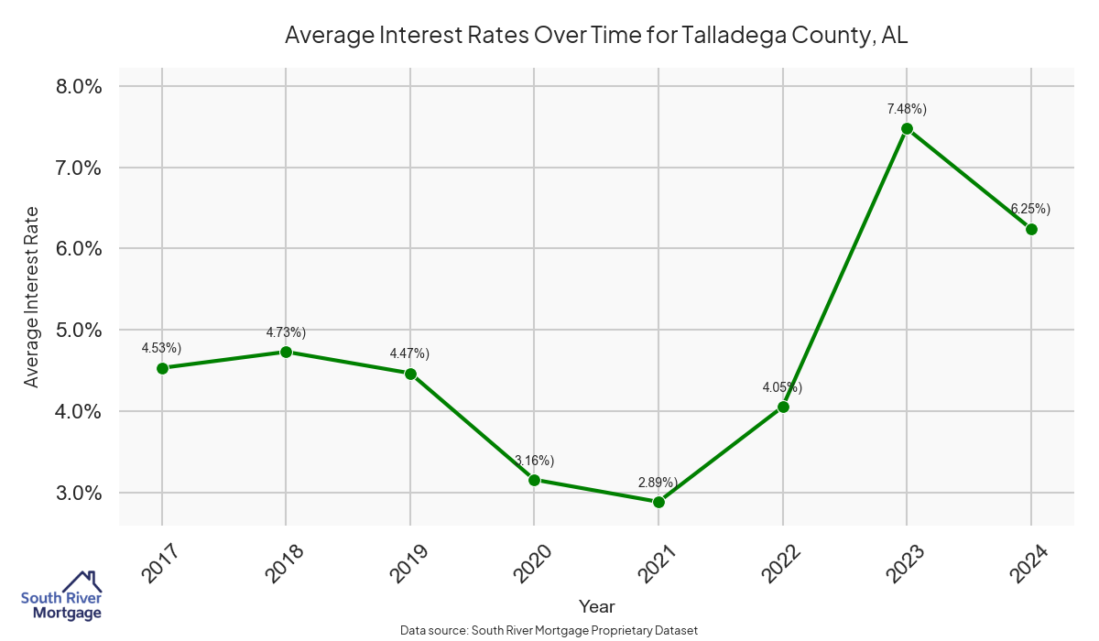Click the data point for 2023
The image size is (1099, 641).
point(907,128)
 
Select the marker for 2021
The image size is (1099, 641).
point(658,502)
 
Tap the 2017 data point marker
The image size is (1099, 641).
point(162,368)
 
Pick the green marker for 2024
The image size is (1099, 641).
point(1031,229)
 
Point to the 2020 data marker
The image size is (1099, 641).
point(534,480)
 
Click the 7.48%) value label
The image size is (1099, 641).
point(907,109)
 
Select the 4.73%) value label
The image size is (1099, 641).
point(286,331)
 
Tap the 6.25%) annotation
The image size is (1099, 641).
point(1030,209)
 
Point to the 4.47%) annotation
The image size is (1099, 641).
point(409,353)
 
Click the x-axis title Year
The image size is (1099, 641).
point(596,606)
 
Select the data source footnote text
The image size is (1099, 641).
point(549,630)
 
